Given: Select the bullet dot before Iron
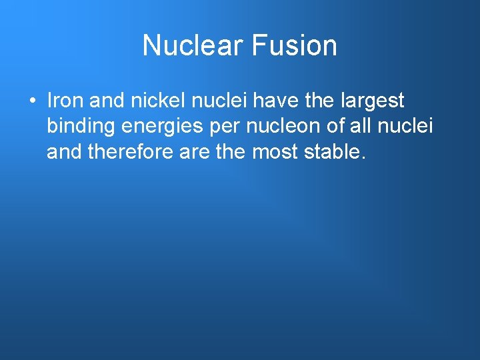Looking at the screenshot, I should [x=32, y=102].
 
